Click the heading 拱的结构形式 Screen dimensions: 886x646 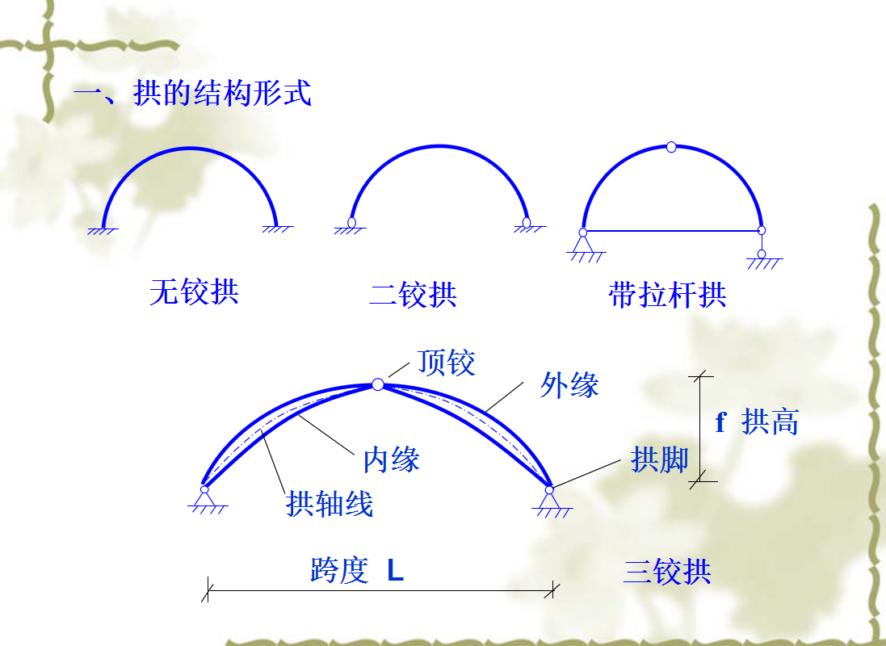click(x=222, y=94)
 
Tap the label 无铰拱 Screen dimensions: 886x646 click(x=194, y=292)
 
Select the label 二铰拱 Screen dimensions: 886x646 click(x=413, y=294)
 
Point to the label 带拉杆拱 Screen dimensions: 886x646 click(x=667, y=295)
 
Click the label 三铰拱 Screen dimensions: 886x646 click(x=667, y=572)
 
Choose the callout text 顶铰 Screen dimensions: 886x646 click(x=447, y=363)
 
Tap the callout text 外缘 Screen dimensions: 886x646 click(x=569, y=385)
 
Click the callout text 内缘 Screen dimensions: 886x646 click(x=391, y=459)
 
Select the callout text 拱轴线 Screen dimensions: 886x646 click(x=330, y=504)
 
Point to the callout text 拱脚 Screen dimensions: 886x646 click(x=659, y=459)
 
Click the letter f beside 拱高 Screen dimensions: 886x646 click(x=720, y=422)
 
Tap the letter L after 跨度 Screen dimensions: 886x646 click(x=395, y=571)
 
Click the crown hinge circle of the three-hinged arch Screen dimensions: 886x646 click(x=378, y=384)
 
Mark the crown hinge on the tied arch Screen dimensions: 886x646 click(x=671, y=147)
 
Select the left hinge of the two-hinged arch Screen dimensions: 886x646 click(x=352, y=222)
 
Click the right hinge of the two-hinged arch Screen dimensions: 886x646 click(x=527, y=221)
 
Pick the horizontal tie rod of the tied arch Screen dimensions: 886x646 click(x=672, y=231)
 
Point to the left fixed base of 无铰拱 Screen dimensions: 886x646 click(x=103, y=229)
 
